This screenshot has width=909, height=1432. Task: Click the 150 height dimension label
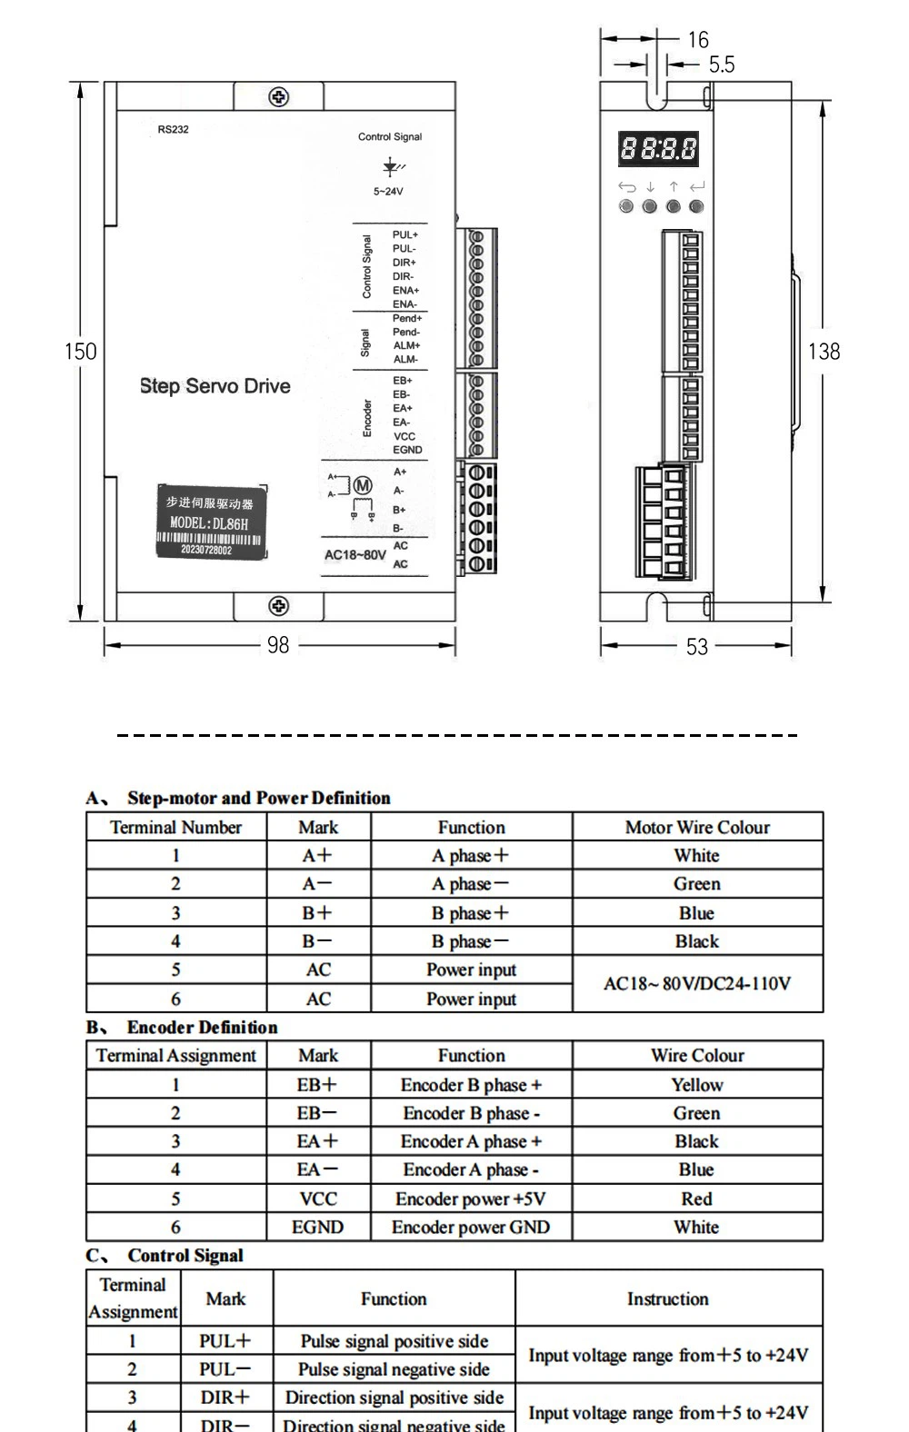click(x=80, y=352)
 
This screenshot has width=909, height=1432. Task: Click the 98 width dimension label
click(x=278, y=645)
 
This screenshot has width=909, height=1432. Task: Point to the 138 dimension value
click(x=824, y=352)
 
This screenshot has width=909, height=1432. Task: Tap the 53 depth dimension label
click(x=697, y=646)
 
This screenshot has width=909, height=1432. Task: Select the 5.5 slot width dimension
click(x=722, y=65)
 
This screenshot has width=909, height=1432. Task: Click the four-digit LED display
click(x=659, y=148)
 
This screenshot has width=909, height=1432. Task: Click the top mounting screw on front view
click(x=279, y=97)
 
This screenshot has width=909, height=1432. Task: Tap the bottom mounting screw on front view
click(x=279, y=606)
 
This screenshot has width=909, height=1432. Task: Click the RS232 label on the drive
click(x=174, y=130)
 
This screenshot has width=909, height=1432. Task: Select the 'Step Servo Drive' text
click(x=215, y=386)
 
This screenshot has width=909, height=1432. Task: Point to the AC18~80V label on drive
click(x=355, y=554)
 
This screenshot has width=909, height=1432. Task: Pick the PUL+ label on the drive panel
click(x=405, y=235)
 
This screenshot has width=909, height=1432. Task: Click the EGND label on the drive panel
click(x=407, y=450)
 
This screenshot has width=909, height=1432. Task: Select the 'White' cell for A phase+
click(x=697, y=856)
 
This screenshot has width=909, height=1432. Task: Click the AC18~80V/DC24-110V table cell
click(x=697, y=984)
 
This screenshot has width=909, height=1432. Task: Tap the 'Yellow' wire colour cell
click(x=697, y=1085)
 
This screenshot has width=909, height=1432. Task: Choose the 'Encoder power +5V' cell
click(x=471, y=1199)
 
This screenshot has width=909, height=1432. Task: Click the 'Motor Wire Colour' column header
click(x=697, y=828)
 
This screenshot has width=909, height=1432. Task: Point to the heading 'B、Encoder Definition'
click(x=183, y=1028)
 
